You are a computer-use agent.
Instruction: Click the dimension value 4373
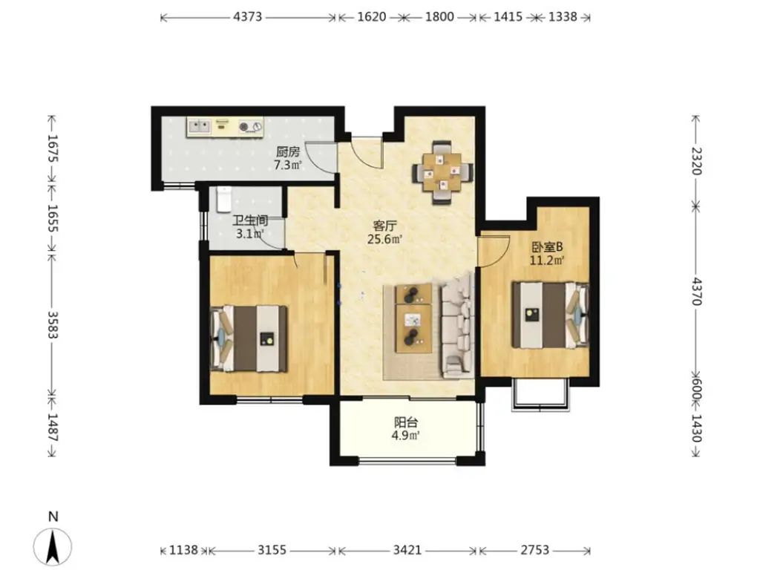point(247,17)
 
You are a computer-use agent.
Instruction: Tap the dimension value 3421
point(407,550)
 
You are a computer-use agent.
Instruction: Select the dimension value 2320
point(696,161)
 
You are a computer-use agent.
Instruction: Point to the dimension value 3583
point(53,324)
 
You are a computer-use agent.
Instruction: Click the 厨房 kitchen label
point(289,152)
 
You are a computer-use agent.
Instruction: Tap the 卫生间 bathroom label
point(250,221)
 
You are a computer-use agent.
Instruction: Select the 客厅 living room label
point(385,226)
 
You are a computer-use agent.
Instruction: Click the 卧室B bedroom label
point(547,247)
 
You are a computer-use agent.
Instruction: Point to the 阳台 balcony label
point(406,422)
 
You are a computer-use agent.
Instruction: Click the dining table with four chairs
point(442,171)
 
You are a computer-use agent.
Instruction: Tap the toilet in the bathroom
point(224,199)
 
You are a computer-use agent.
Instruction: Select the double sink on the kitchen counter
point(200,127)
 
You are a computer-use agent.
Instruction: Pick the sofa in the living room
point(457,327)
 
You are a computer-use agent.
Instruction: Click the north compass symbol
point(53,546)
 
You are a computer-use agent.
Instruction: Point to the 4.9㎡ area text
point(406,435)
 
